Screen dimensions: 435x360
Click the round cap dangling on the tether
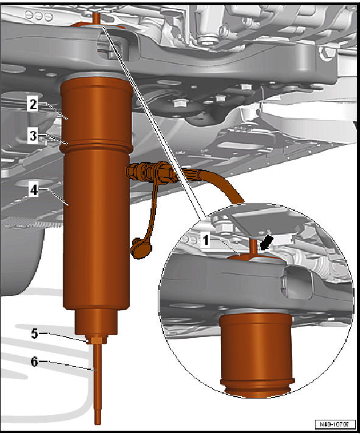point(136,246)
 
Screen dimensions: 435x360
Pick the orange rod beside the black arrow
point(253,246)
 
